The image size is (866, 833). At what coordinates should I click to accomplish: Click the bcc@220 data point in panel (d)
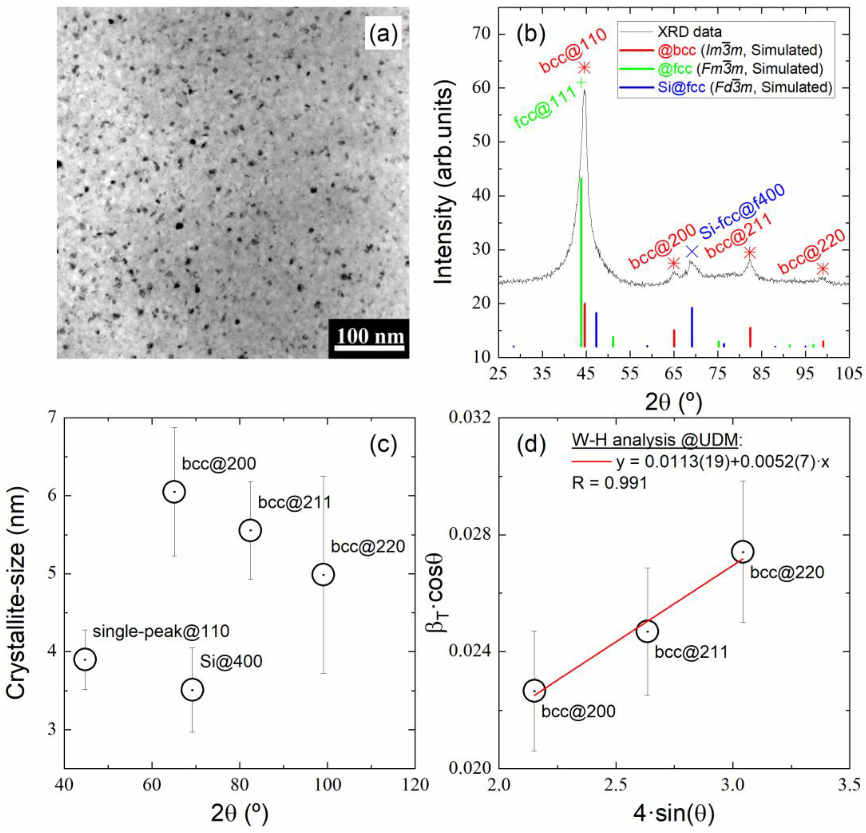pyautogui.click(x=743, y=551)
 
